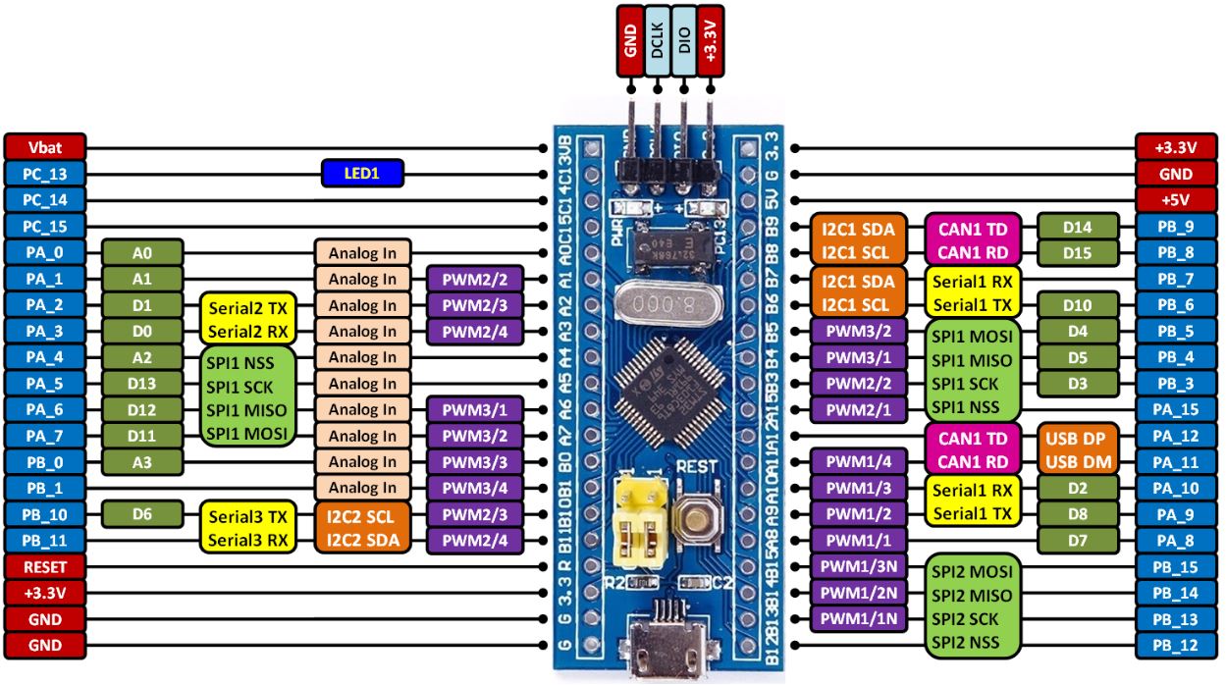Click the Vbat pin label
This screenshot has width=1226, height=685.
45,147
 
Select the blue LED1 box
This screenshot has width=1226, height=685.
361,174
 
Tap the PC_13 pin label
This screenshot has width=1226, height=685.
45,174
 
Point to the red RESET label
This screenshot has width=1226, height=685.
45,566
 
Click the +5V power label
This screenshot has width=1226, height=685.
1176,199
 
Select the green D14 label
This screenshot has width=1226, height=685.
1078,228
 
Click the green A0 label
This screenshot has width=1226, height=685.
142,252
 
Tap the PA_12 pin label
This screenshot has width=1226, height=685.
1176,436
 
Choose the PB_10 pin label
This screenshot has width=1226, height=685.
45,514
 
